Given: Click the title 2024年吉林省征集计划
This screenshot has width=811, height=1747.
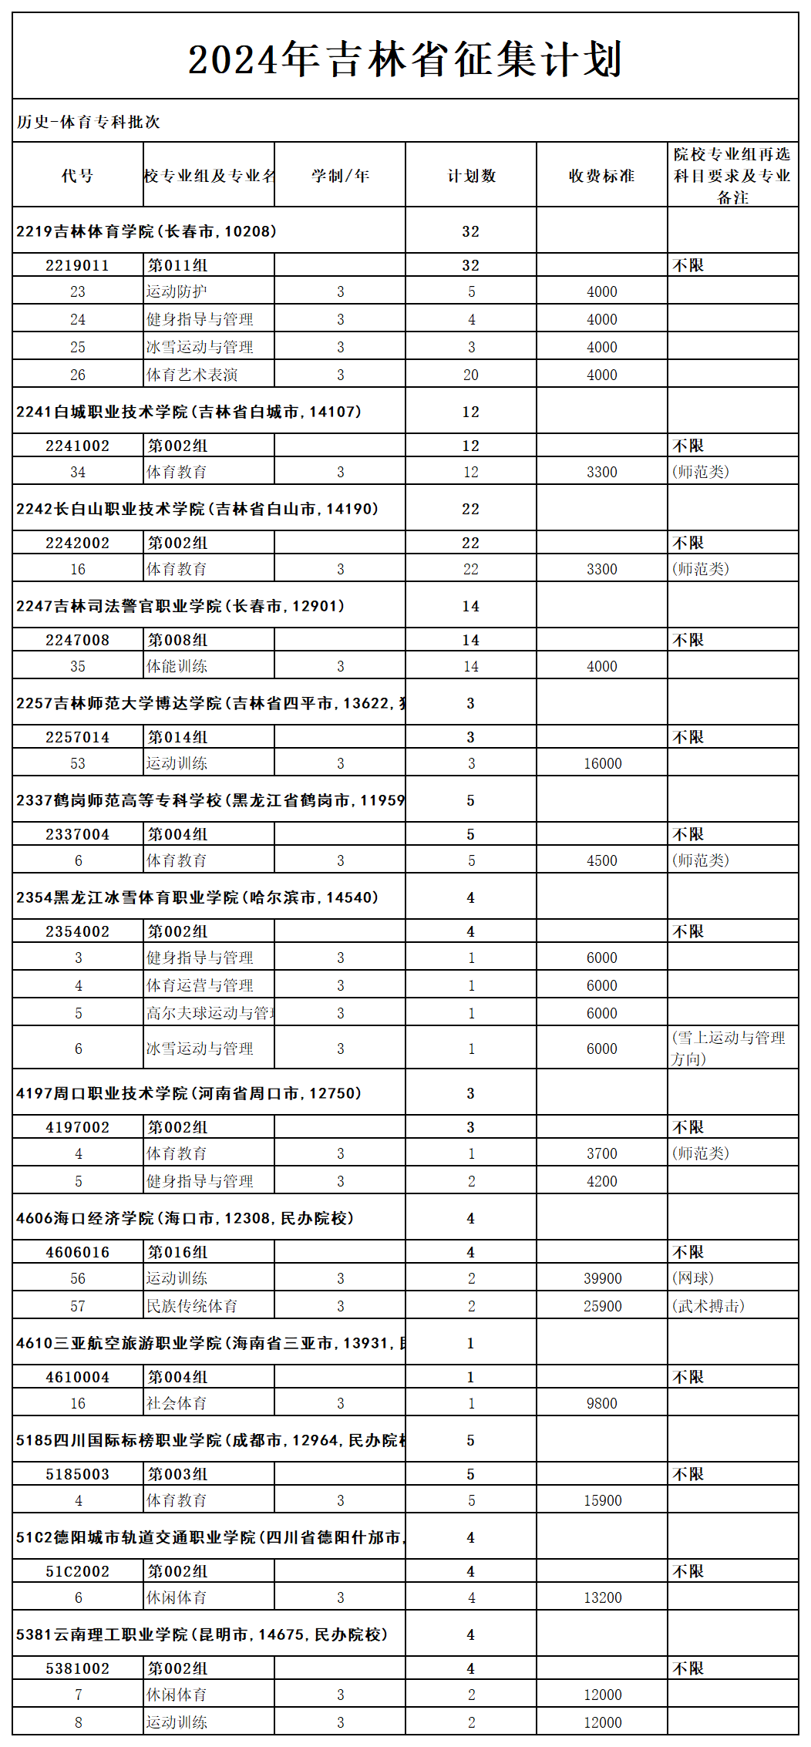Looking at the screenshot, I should click(405, 59).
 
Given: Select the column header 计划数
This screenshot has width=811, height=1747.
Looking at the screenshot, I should click(471, 176).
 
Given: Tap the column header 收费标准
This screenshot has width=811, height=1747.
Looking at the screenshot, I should click(601, 176).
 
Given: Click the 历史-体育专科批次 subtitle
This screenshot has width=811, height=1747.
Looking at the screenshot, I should click(89, 122).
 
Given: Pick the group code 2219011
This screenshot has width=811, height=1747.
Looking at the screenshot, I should click(77, 265).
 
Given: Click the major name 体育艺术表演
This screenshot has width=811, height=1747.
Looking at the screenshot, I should click(193, 375).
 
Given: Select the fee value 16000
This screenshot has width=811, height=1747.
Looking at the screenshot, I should click(602, 763).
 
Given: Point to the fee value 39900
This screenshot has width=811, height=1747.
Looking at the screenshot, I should click(602, 1278).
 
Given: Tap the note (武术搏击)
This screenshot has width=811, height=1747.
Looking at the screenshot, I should click(708, 1306).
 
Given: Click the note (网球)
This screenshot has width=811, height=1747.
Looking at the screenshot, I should click(692, 1278).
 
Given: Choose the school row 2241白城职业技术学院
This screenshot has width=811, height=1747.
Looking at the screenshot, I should click(189, 412).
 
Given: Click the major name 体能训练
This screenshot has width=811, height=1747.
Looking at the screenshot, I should click(177, 666).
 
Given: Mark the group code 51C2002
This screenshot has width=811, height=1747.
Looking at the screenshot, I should click(77, 1571).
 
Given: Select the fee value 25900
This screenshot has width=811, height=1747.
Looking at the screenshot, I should click(602, 1306).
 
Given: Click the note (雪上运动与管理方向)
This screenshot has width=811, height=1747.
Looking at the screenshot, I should click(729, 1048).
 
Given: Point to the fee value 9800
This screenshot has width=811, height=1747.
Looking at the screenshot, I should click(602, 1403).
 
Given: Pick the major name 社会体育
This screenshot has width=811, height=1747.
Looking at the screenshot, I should click(177, 1403).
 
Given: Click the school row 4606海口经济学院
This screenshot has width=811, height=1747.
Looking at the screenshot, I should click(185, 1218).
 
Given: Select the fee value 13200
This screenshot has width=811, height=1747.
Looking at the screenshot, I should click(602, 1597).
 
